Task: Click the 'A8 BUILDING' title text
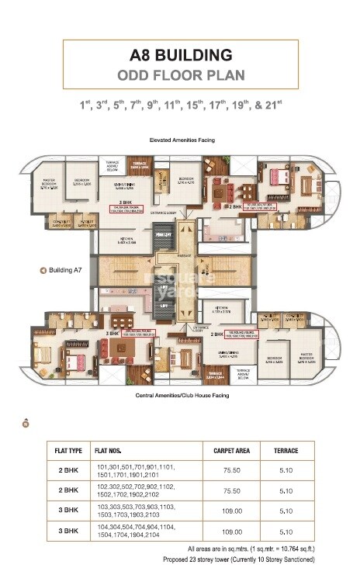(x=181, y=55)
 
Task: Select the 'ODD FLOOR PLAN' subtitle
(x=180, y=75)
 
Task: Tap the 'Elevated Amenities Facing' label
(x=182, y=140)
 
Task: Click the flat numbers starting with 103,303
(x=137, y=512)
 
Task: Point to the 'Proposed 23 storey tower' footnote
(x=238, y=559)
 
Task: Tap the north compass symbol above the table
(x=26, y=424)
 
